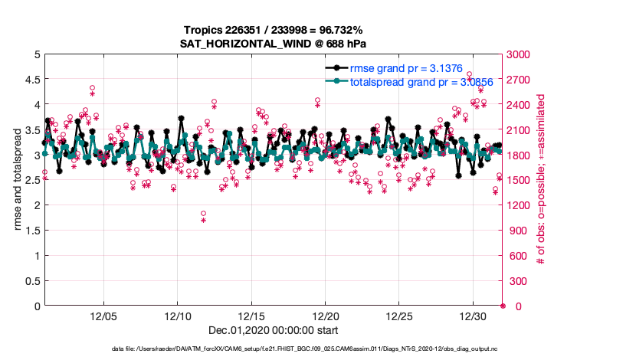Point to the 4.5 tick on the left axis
(x=30, y=79)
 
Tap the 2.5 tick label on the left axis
(x=30, y=180)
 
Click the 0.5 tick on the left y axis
(x=30, y=281)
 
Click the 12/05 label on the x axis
(x=103, y=316)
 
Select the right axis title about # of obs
(x=540, y=180)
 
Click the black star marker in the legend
(x=336, y=68)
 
